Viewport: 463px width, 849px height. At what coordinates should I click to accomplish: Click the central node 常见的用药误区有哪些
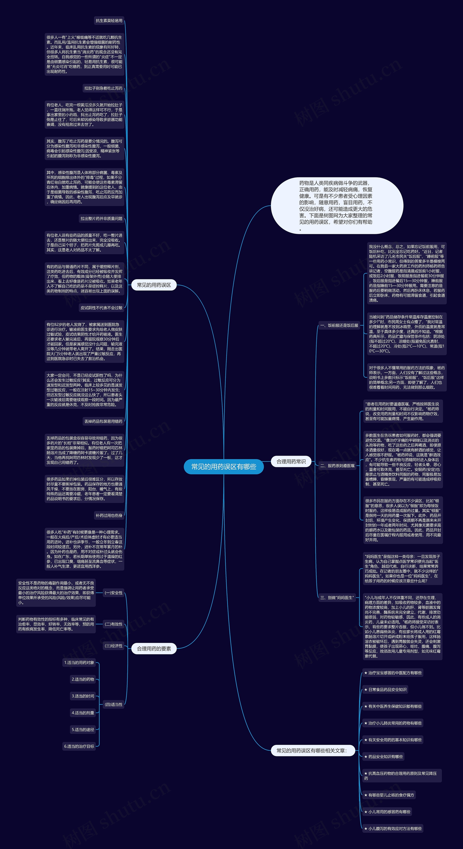click(x=224, y=467)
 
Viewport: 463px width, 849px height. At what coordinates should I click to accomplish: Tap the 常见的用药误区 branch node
click(x=154, y=285)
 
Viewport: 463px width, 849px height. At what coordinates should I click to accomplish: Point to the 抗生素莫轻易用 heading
click(x=109, y=21)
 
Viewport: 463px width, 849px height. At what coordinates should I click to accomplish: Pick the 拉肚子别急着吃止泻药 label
click(x=103, y=88)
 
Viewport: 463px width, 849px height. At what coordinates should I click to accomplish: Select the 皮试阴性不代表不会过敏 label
click(x=102, y=308)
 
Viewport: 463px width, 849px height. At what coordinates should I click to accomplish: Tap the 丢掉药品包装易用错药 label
click(x=103, y=421)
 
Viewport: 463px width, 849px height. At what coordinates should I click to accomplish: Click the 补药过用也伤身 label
click(x=109, y=516)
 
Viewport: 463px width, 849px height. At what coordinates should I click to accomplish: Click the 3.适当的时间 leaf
click(x=83, y=696)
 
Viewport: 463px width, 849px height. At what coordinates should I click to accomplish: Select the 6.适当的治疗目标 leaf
click(x=79, y=746)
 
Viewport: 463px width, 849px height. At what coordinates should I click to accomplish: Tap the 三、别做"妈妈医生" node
click(x=337, y=597)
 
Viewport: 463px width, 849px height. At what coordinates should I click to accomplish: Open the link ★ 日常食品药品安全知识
click(x=385, y=689)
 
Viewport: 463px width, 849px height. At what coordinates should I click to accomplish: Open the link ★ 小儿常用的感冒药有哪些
click(x=387, y=812)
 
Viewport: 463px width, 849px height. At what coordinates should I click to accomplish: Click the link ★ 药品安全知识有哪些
click(x=384, y=757)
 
